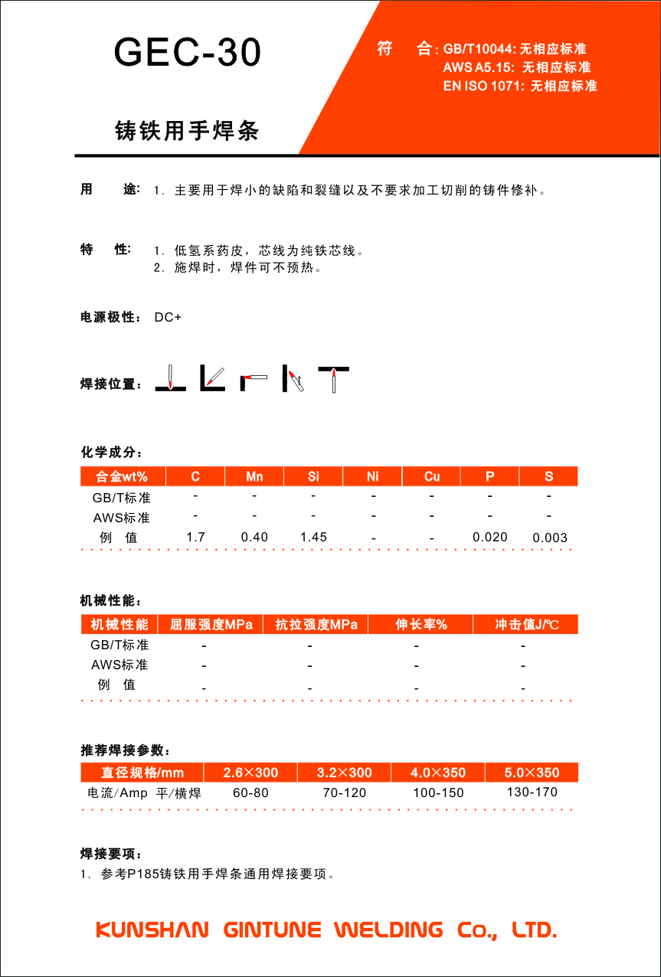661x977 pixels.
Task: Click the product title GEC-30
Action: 188,53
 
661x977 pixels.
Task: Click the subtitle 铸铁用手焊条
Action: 187,131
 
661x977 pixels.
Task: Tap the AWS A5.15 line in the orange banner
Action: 516,67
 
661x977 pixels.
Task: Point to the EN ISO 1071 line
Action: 519,86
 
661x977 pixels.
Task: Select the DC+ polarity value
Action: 168,317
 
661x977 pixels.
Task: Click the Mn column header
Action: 254,476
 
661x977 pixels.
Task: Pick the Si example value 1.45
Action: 313,537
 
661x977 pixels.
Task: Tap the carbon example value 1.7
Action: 195,537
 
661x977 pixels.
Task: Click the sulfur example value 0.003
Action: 549,538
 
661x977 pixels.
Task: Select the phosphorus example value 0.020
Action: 490,537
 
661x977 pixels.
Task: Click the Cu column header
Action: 432,476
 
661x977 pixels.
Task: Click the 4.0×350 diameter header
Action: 438,772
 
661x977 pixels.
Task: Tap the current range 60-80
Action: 250,792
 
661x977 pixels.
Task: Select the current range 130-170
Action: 532,792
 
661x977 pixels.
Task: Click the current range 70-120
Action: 345,792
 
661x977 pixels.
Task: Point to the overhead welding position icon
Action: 335,378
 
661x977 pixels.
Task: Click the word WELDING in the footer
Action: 389,930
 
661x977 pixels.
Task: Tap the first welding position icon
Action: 170,377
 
